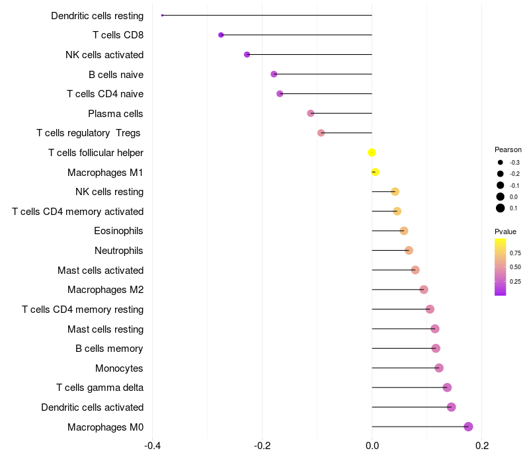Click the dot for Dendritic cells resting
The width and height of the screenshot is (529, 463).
click(x=162, y=15)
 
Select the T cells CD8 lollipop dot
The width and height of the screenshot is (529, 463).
click(x=221, y=35)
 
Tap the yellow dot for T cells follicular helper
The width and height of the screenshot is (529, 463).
click(x=372, y=153)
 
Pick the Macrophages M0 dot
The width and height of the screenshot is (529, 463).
click(x=468, y=427)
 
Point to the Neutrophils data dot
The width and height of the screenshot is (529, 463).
click(x=409, y=251)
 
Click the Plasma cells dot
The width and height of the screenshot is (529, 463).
click(x=311, y=113)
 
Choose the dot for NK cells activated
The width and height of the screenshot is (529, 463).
click(x=247, y=54)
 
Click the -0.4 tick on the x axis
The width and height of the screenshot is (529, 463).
click(x=152, y=446)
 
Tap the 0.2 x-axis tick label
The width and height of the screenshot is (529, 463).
click(x=482, y=446)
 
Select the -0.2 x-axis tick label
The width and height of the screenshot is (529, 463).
click(x=262, y=446)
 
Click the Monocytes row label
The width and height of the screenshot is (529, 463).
click(x=119, y=368)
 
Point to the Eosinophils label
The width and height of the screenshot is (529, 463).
click(x=118, y=231)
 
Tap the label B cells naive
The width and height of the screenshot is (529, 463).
click(x=116, y=75)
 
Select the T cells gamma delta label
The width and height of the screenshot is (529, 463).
click(x=100, y=388)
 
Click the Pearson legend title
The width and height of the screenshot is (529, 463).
click(x=508, y=149)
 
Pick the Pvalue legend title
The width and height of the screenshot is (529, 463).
click(x=505, y=232)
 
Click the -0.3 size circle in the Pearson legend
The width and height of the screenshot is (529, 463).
click(x=501, y=162)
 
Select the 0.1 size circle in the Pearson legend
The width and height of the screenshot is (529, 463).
click(x=501, y=208)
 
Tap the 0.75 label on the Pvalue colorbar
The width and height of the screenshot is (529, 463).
click(x=515, y=253)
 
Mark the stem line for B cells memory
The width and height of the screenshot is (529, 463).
click(x=404, y=349)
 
